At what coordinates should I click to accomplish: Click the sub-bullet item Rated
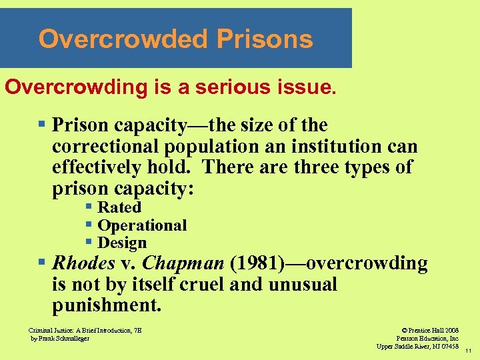119,208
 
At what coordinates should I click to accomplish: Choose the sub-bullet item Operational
142,225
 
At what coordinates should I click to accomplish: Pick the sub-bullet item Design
122,243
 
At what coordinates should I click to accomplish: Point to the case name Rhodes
84,263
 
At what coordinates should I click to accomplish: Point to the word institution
335,146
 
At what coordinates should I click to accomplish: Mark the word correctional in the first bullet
107,146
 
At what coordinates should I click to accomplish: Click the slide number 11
469,351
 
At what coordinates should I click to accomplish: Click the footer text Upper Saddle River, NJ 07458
417,347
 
